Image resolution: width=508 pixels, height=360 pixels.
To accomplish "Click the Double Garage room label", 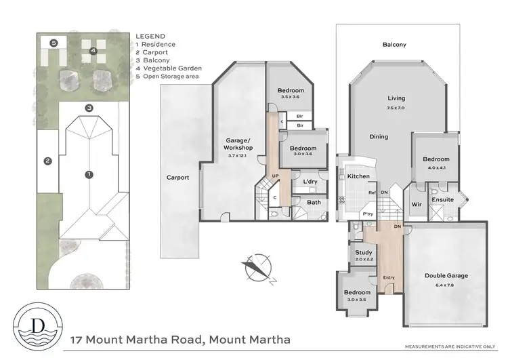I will (x=446, y=276).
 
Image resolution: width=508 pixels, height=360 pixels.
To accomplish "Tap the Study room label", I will (x=363, y=253).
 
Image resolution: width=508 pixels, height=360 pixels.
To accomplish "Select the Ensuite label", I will (x=443, y=200).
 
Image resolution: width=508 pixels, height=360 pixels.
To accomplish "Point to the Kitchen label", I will (x=359, y=176).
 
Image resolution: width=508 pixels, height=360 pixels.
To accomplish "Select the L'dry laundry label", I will (x=311, y=182).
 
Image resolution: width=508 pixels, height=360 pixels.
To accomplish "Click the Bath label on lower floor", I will (x=314, y=202).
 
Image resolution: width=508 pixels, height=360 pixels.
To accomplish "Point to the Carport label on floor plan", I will (x=178, y=178).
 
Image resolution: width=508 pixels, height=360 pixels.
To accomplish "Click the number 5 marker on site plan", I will (x=54, y=43).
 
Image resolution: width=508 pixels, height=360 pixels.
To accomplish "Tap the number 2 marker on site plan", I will (x=47, y=161).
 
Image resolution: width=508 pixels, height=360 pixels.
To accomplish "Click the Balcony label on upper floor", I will (x=394, y=45).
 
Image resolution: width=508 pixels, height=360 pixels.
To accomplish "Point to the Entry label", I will (x=389, y=277).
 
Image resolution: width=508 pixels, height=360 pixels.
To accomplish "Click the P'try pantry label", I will (x=368, y=214).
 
